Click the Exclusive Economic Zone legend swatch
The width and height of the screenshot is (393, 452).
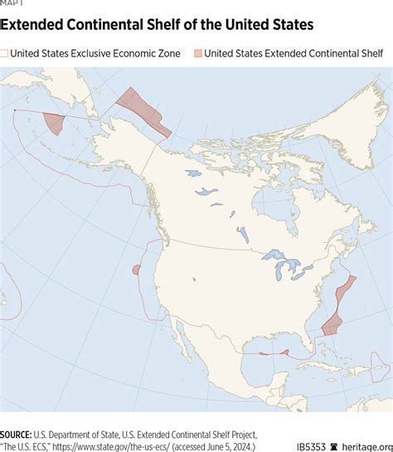[5, 54]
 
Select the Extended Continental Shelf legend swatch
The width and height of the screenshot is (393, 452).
[196, 54]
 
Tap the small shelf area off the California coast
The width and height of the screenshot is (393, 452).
[136, 270]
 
